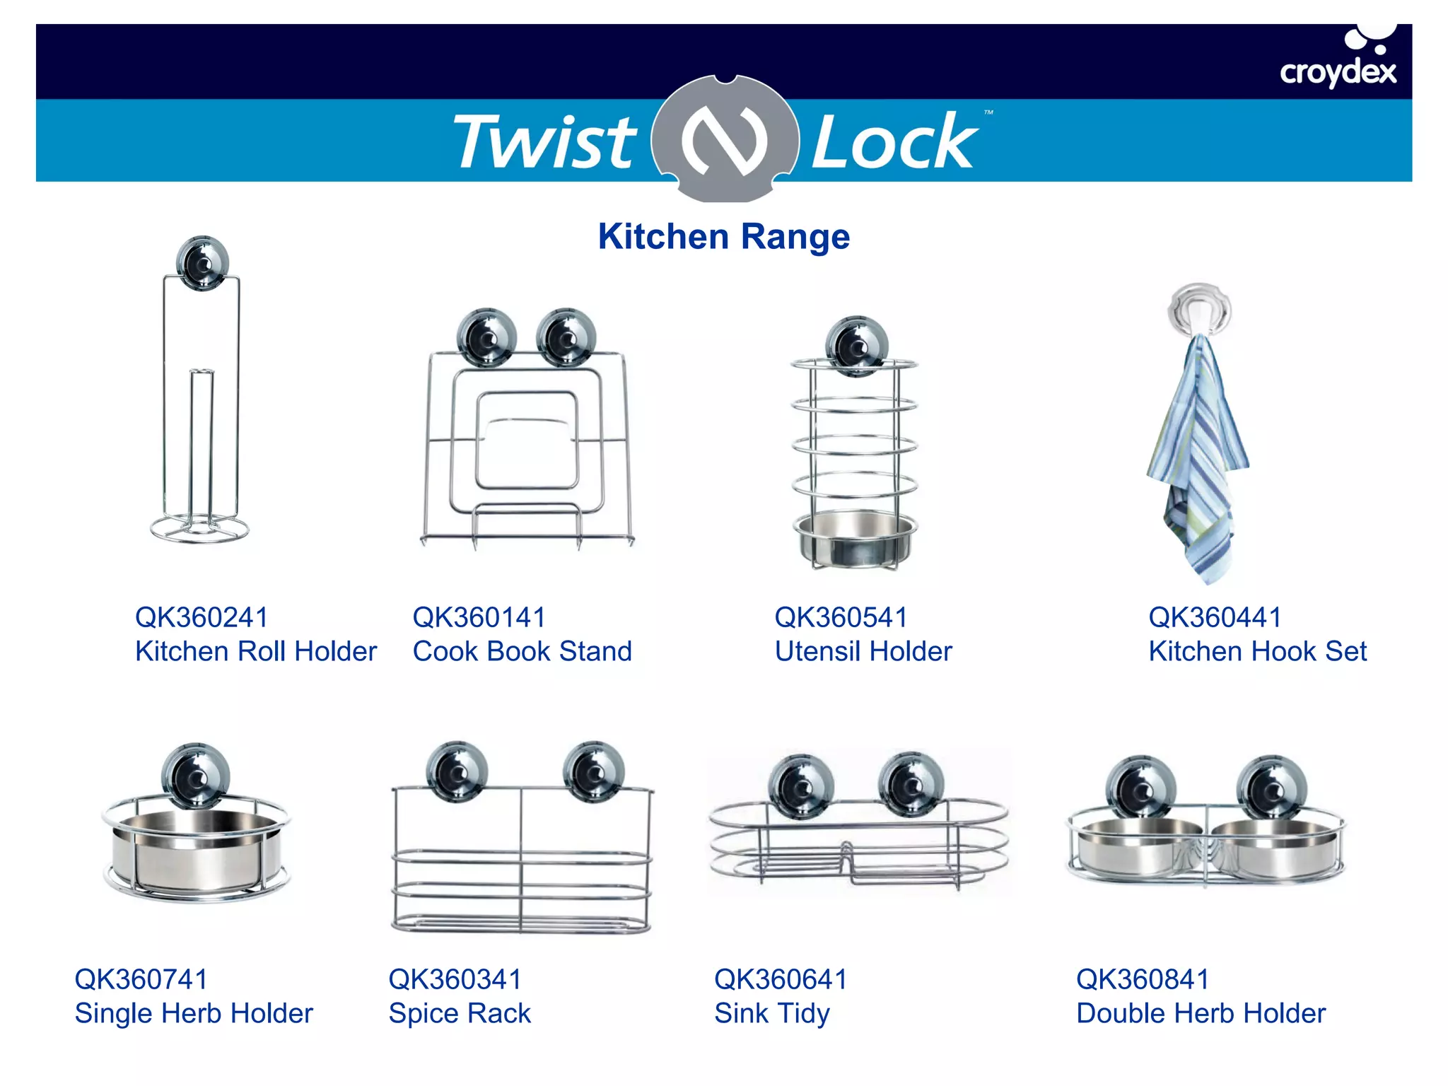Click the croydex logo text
tap(1337, 72)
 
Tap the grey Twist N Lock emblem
tap(725, 138)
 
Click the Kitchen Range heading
tap(723, 236)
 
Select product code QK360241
tap(202, 617)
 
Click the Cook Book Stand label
tap(522, 651)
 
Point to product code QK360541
tap(841, 617)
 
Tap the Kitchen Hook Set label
tap(1257, 651)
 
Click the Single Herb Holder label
tap(194, 1013)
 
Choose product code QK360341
tap(455, 979)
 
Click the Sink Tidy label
tap(771, 1013)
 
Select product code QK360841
tap(1143, 979)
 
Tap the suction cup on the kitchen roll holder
tap(202, 263)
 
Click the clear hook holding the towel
tap(1200, 309)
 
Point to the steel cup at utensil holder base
tap(855, 539)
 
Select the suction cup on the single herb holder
tap(196, 776)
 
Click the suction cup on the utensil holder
tap(857, 346)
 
